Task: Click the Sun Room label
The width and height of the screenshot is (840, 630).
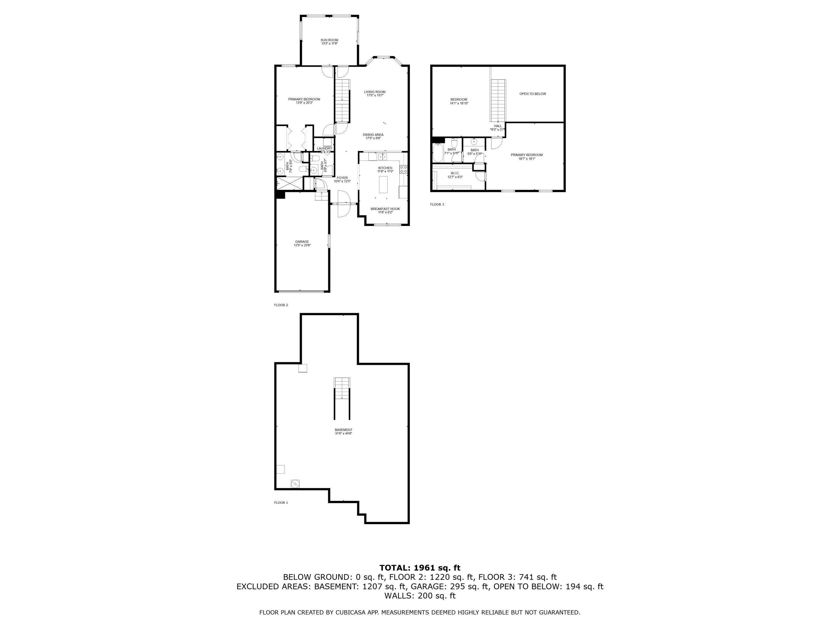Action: coord(329,40)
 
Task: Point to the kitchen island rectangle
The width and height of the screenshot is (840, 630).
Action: coord(383,185)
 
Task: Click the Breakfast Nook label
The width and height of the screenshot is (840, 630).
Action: coord(385,209)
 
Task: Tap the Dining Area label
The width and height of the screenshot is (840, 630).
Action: coord(373,135)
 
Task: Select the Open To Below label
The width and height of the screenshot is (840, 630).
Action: coord(532,94)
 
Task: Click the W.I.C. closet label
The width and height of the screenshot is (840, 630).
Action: coord(455,173)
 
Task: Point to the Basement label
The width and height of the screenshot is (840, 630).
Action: coord(343,430)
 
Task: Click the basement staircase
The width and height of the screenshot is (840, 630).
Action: coord(342,388)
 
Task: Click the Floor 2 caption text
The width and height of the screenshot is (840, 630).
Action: coord(281,305)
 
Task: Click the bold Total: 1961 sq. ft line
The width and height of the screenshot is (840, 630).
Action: coord(420,568)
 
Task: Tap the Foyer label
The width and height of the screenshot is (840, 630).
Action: coord(342,178)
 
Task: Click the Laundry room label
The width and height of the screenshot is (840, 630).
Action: coord(324,148)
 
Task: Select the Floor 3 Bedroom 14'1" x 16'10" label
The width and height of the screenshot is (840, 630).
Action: coord(459,101)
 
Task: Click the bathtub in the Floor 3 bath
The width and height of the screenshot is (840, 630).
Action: coord(438,153)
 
